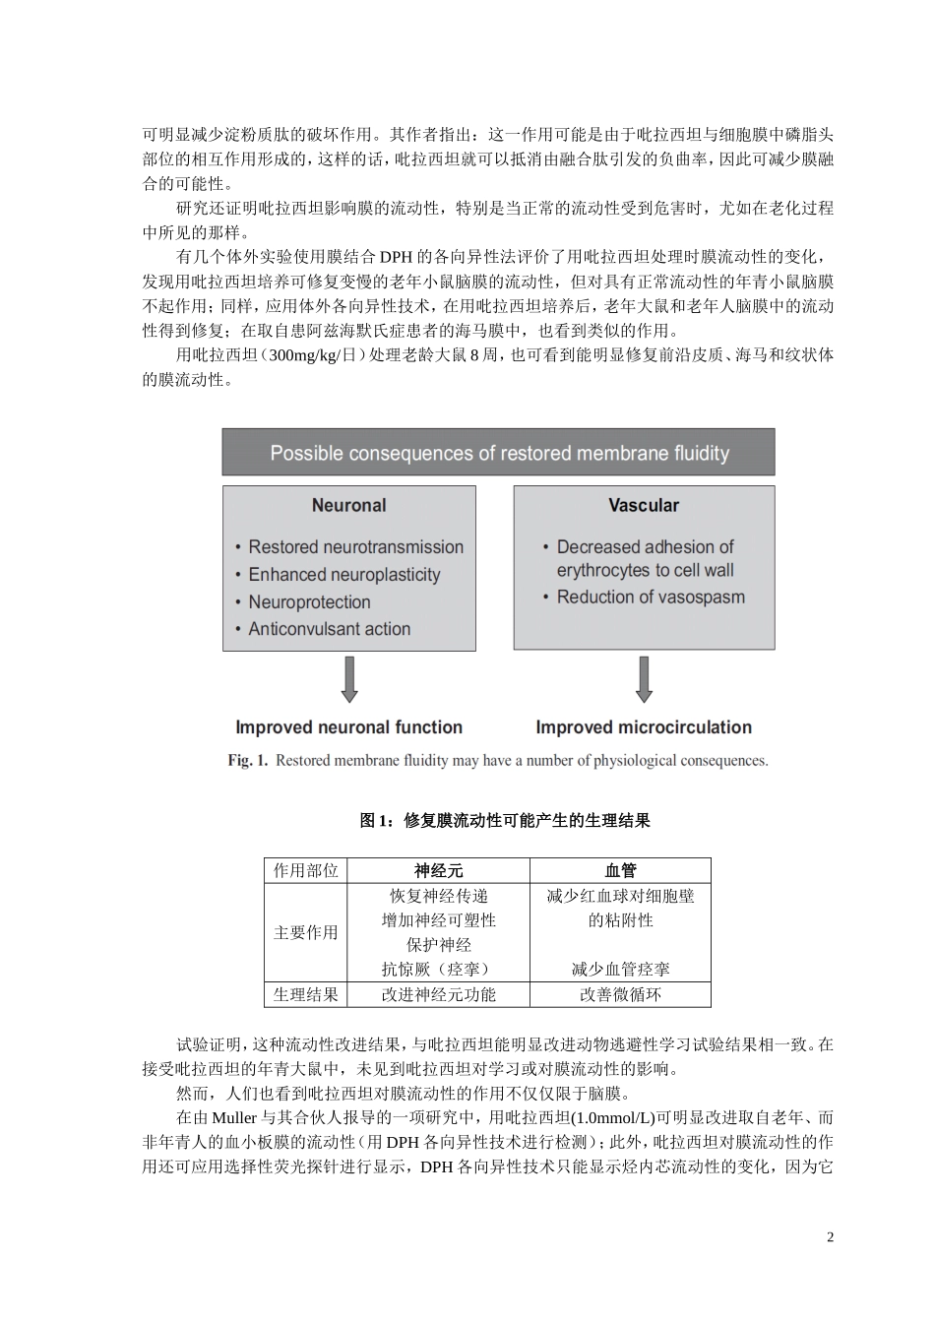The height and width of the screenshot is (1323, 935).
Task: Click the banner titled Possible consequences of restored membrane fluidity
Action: (x=499, y=454)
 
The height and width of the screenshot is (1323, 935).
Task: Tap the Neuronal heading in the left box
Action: (x=348, y=506)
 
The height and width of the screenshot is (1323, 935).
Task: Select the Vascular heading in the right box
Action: (x=644, y=506)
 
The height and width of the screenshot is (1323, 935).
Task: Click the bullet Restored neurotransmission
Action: (x=355, y=547)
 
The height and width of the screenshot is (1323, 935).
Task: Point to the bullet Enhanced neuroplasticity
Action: (x=343, y=575)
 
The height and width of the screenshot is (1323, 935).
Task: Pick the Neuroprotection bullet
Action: (x=309, y=602)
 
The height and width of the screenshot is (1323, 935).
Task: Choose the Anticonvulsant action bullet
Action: (x=329, y=629)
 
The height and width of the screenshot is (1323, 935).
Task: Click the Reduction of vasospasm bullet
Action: (x=651, y=598)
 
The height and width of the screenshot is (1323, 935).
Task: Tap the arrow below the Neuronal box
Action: (x=348, y=679)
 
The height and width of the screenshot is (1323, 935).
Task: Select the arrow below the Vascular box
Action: (x=644, y=679)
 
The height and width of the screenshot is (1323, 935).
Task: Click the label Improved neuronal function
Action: (x=348, y=727)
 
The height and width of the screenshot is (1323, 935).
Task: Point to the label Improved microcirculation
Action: (x=644, y=727)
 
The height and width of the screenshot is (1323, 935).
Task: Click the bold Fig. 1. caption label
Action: (x=248, y=761)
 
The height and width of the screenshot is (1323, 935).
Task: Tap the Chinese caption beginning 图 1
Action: (x=505, y=821)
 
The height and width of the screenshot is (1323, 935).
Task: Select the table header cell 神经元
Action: (x=438, y=870)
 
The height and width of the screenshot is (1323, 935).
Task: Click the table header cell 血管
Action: (x=620, y=870)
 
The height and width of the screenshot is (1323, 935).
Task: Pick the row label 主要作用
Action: (x=305, y=932)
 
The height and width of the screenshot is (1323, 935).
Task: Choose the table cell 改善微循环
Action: (x=620, y=995)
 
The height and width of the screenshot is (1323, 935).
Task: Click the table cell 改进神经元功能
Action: (x=438, y=995)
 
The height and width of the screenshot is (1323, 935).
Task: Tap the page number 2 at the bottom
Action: (x=830, y=1237)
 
